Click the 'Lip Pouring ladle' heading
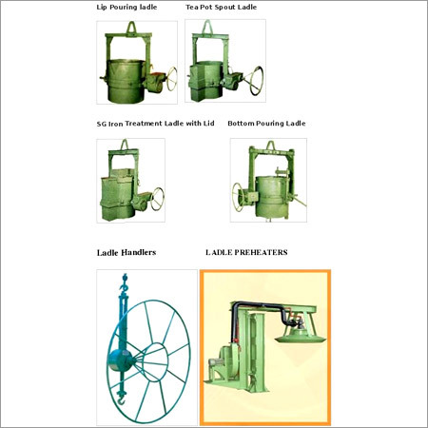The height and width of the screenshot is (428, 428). tap(126, 7)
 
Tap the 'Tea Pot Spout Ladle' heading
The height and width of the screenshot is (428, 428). tap(222, 7)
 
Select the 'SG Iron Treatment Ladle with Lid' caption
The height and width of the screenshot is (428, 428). tap(156, 124)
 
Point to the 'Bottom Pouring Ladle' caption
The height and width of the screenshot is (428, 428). tap(266, 124)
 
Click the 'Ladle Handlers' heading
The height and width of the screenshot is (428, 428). tap(126, 253)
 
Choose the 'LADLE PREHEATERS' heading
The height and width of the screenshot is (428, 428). tap(246, 252)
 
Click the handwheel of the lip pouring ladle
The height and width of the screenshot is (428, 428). tap(172, 79)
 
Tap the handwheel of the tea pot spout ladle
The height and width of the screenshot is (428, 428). tap(257, 81)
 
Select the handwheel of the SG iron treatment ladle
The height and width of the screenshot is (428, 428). tap(157, 199)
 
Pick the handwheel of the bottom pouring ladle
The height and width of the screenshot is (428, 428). tap(238, 197)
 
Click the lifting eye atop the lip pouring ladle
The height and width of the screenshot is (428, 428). tap(131, 28)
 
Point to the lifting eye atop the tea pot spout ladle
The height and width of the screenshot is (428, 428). tap(207, 27)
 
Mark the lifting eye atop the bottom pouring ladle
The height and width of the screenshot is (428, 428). tap(270, 146)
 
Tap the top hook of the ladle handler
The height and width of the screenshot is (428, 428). tap(124, 283)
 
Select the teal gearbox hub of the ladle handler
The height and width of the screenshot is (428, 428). tap(120, 360)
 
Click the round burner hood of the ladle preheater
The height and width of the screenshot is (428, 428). tap(301, 337)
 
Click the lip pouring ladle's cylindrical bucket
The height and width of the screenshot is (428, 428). tap(126, 81)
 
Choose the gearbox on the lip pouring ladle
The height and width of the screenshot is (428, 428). tap(155, 82)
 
